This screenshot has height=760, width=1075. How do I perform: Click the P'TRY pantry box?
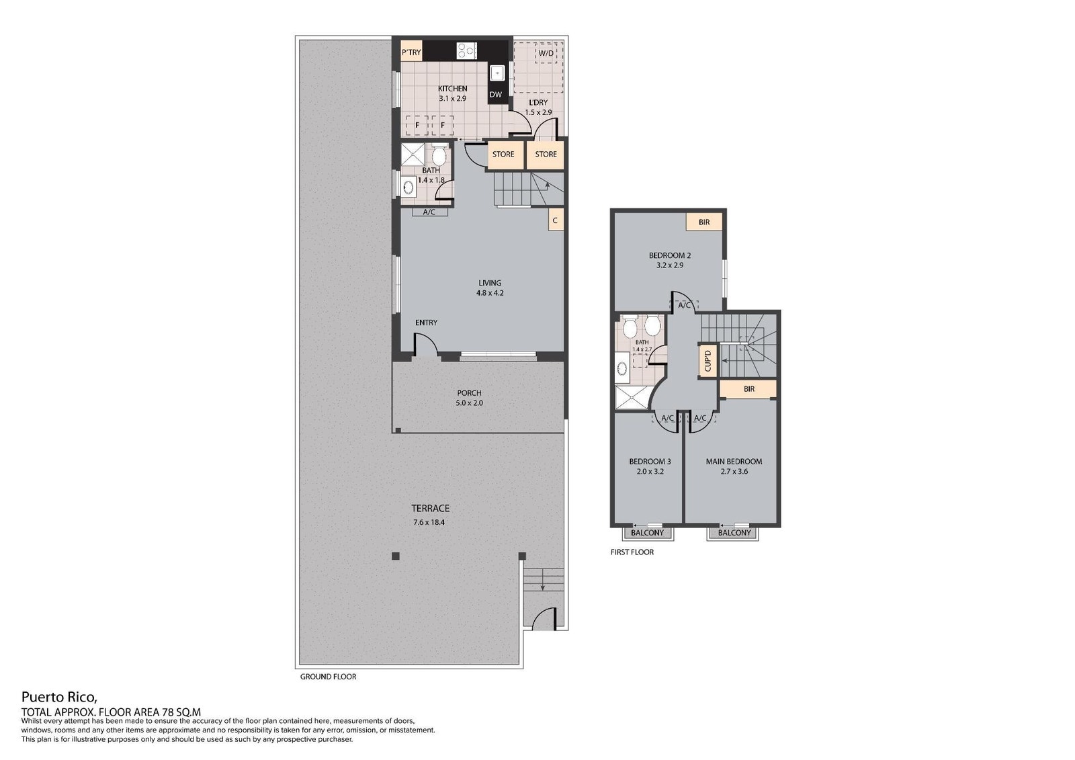click(x=411, y=52)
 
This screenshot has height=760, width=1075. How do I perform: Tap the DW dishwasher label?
click(x=496, y=95)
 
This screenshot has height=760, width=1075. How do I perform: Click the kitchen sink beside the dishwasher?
click(x=497, y=73)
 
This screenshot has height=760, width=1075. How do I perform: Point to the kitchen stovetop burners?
click(x=466, y=50)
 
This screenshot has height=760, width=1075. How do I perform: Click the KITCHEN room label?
click(x=453, y=89)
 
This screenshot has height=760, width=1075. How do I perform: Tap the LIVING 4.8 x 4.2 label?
click(x=490, y=288)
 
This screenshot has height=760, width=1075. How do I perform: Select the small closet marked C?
click(x=556, y=220)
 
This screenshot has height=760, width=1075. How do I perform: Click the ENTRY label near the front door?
click(x=426, y=323)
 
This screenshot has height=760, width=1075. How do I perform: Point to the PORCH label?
click(x=470, y=392)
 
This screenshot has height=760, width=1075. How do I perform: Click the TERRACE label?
click(x=431, y=508)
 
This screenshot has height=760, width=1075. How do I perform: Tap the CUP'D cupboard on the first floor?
click(x=707, y=361)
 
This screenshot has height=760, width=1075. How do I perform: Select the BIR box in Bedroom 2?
click(x=704, y=222)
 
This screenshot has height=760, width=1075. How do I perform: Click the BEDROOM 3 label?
click(x=650, y=462)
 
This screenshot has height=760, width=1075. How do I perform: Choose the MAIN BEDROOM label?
click(x=734, y=462)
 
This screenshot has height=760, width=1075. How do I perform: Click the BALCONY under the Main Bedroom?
click(x=734, y=533)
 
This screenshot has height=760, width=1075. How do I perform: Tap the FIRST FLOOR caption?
click(x=632, y=552)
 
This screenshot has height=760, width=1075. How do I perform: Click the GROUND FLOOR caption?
click(x=329, y=677)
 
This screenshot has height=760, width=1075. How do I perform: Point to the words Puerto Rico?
click(x=60, y=696)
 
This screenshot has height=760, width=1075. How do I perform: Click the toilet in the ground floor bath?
click(x=438, y=155)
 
